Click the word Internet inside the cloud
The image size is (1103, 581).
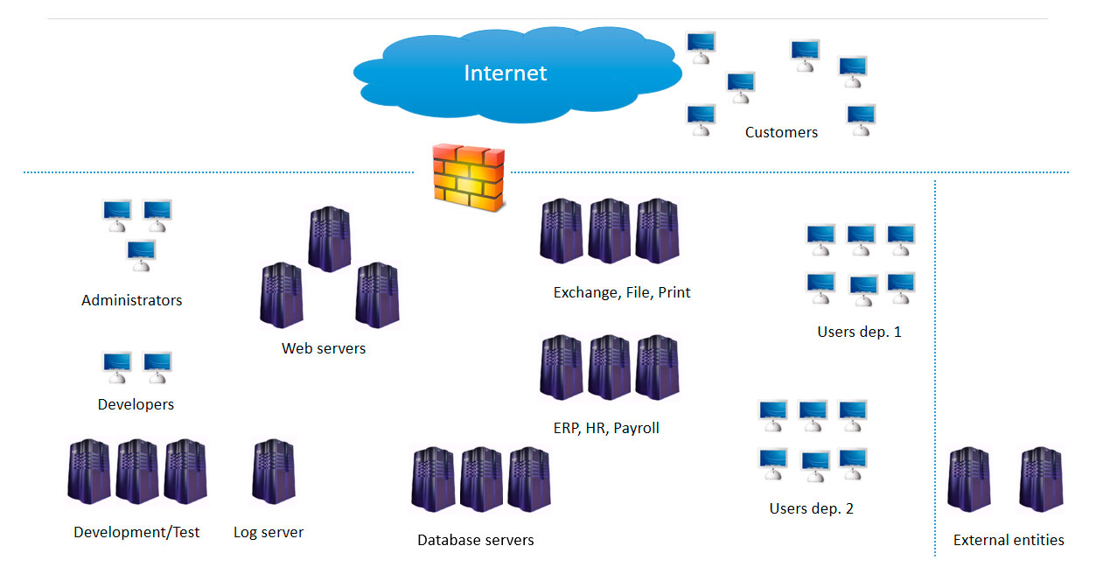pos(505,73)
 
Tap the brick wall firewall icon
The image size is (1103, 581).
pos(469,178)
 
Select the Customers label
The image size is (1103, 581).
pos(781,133)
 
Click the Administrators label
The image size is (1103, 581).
pos(132,300)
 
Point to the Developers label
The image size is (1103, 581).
pos(136,404)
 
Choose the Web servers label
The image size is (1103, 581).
pos(324,348)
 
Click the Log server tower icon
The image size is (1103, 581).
pos(273,472)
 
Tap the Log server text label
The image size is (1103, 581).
pos(269,532)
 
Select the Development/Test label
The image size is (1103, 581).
pos(136,532)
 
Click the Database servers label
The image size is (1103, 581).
pos(475,540)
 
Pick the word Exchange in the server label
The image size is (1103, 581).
pos(585,292)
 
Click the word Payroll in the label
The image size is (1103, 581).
pos(636,428)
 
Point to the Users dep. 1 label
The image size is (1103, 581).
pos(859,332)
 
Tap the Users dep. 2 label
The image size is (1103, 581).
pos(811,508)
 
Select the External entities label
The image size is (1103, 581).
pos(1009,540)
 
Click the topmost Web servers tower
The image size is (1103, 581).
pos(330,239)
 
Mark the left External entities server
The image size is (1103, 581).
pos(969,479)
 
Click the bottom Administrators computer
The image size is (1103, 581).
pos(141,255)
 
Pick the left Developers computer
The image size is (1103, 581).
pos(117,367)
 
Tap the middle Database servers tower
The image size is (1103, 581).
pos(481,479)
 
